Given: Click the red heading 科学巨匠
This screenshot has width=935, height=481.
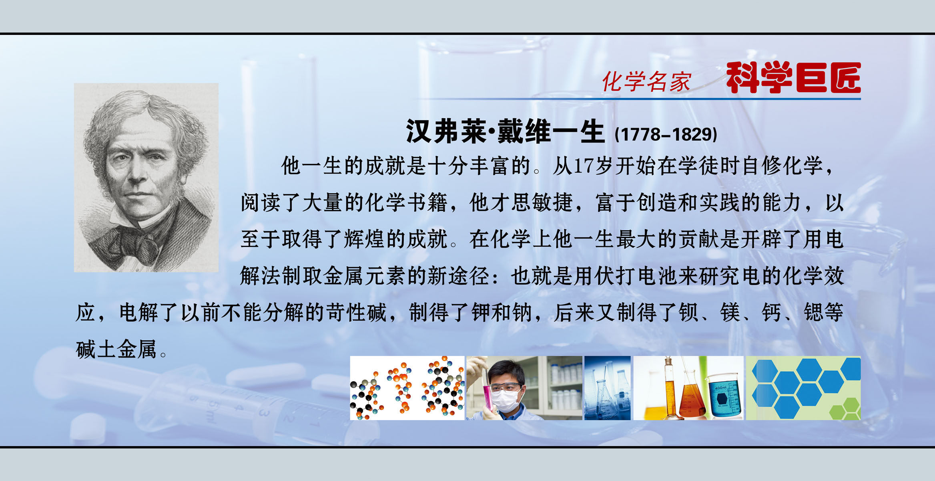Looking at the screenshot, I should pos(793,78).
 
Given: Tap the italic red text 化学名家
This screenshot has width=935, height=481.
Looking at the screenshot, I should pos(646,81).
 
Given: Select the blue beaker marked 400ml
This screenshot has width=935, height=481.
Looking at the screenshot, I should pos(722,397).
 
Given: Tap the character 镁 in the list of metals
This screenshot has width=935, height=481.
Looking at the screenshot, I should pos(730,313).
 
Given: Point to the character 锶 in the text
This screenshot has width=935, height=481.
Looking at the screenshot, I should pos(813,313).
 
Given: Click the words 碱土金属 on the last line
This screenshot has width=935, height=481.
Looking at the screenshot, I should pos(116,349).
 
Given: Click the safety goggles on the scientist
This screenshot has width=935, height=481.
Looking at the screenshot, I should pos(506,387).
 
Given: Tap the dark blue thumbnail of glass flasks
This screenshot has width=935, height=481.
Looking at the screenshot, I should pos(607,388).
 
